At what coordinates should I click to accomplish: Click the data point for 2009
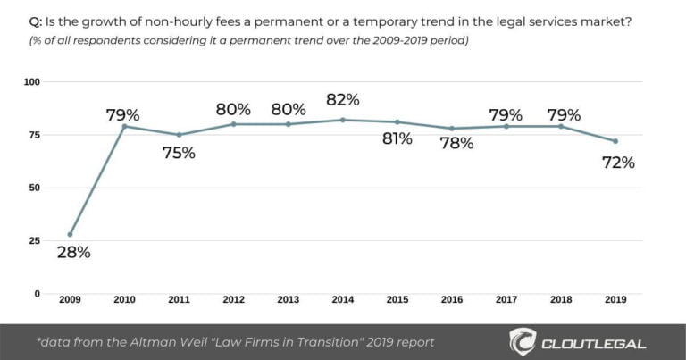tap(70, 234)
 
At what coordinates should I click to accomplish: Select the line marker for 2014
tap(342, 120)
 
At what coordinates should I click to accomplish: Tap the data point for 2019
tap(615, 141)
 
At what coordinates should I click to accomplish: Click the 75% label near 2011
tap(180, 153)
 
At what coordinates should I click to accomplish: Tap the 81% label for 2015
tap(397, 139)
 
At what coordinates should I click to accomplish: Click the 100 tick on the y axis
tap(32, 82)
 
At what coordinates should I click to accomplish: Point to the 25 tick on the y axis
tap(35, 240)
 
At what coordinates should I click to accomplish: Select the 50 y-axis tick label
tap(35, 188)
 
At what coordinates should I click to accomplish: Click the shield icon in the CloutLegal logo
tap(524, 342)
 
